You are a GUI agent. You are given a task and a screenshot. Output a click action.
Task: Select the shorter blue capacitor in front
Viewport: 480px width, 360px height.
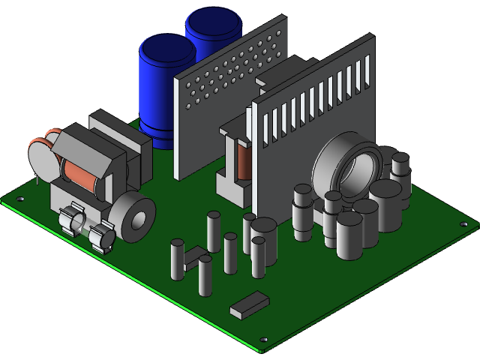(166, 82)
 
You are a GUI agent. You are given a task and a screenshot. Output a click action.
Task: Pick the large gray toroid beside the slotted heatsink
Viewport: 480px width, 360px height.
(346, 165)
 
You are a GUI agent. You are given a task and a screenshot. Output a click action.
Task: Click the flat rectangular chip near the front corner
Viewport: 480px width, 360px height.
(249, 302)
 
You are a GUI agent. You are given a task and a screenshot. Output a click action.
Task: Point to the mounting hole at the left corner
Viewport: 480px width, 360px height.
(20, 199)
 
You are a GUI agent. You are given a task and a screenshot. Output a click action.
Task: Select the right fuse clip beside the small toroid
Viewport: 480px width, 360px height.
(103, 236)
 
